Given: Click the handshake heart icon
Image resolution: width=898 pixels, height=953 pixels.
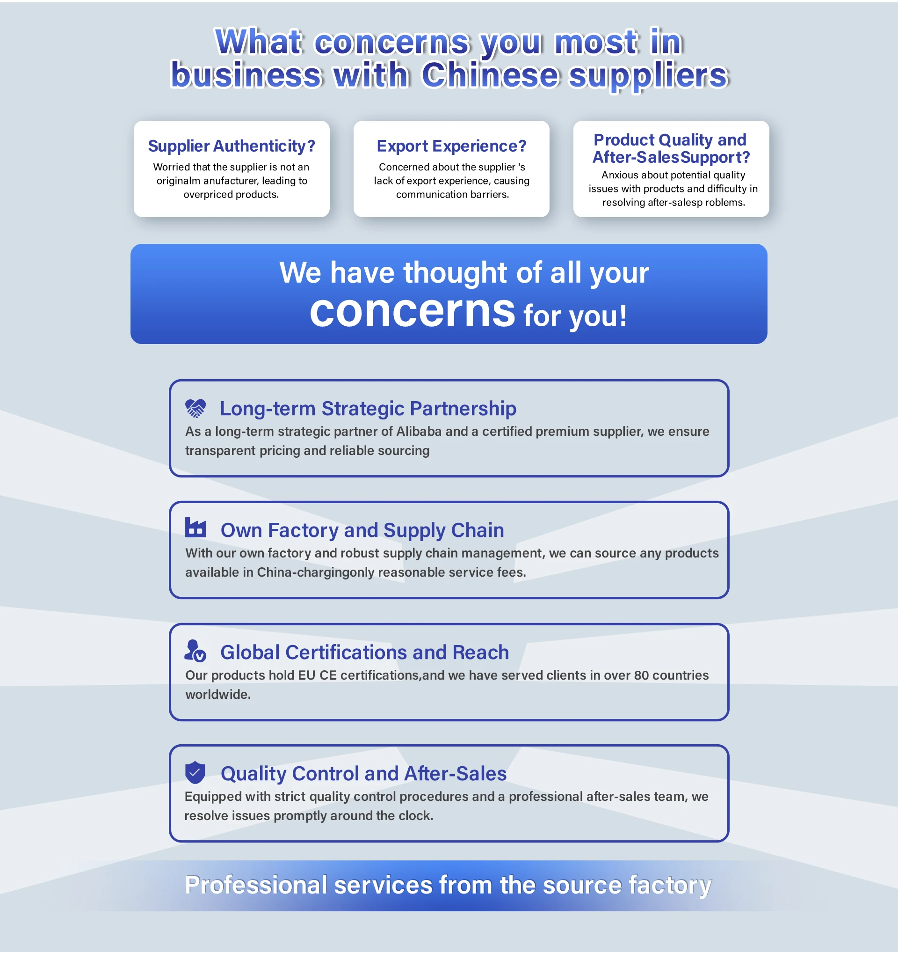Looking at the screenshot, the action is [x=196, y=408].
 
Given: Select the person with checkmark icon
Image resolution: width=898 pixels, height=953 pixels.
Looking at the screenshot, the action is [x=196, y=651].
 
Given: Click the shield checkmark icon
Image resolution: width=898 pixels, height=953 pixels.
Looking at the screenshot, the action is [x=195, y=772].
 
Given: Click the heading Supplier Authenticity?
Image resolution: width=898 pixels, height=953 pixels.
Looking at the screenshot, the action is [x=232, y=146].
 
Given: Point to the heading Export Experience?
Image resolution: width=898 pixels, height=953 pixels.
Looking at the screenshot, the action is [x=451, y=146].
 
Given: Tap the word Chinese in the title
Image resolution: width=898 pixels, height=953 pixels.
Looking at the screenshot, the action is [x=490, y=75].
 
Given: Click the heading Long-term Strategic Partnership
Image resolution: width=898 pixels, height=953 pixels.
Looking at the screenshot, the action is [x=368, y=409].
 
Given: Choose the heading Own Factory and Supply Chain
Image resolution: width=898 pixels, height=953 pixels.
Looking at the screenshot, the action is [x=362, y=530].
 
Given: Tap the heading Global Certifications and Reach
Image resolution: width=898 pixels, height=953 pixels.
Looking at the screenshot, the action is [x=364, y=652].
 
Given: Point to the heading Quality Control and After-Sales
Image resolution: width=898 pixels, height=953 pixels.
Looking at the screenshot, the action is [x=363, y=774].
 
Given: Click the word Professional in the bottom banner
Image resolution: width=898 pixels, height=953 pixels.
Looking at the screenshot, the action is [x=256, y=885].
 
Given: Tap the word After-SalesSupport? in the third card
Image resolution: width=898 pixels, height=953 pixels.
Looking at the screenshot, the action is [x=671, y=157].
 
